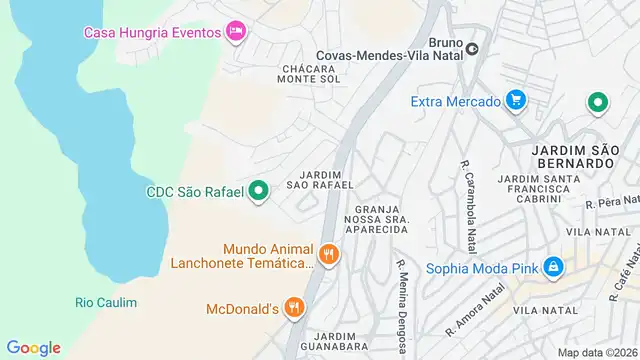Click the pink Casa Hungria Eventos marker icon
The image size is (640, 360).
coord(235,32)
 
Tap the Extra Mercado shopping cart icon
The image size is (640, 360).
coord(516,100)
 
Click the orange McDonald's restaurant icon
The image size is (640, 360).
coord(293,308)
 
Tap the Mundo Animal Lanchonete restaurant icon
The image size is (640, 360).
coord(330,255)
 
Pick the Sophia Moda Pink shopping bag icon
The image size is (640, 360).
coord(553,267)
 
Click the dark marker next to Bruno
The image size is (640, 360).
coord(472,47)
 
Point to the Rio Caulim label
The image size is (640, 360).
coord(106,302)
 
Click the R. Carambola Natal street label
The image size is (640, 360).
coord(467,191)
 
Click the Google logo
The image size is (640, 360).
coord(33,347)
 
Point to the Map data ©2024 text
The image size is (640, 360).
coord(597,352)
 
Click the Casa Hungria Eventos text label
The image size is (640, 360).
coord(151,32)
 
